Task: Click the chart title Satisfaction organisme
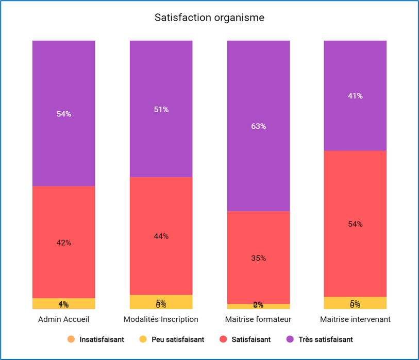pos(209,18)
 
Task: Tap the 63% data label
pos(258,126)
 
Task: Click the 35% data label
pos(258,258)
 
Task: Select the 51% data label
pos(161,109)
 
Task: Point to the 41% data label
pos(355,96)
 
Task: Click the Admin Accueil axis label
pos(64,319)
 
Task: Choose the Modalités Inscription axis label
pos(161,319)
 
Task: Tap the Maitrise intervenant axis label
pos(355,319)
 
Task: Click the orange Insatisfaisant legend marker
pos(71,339)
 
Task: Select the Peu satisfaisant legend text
pos(178,339)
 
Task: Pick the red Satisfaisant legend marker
pos(223,339)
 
